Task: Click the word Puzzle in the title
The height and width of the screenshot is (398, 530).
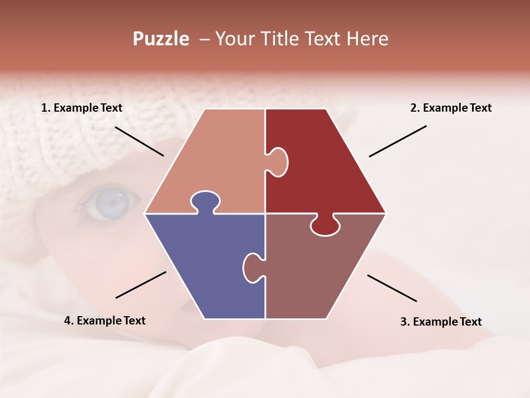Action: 161,39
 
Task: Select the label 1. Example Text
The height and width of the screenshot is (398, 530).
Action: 82,108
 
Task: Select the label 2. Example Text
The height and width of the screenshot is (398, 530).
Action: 451,108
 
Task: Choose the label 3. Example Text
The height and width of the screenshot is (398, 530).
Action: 441,322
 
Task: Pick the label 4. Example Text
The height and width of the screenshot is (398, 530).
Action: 105,321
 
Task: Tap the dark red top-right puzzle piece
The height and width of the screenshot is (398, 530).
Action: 326,166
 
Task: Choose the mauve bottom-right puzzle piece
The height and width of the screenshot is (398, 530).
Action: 320,271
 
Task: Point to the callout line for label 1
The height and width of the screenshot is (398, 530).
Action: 139,141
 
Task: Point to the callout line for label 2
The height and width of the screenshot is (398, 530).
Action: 397,141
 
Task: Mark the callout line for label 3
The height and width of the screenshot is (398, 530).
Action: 392,288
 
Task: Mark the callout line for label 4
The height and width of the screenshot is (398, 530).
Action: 141,285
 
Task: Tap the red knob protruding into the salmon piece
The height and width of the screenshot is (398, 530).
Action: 278,162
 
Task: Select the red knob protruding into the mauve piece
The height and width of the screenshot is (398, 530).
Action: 325,226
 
